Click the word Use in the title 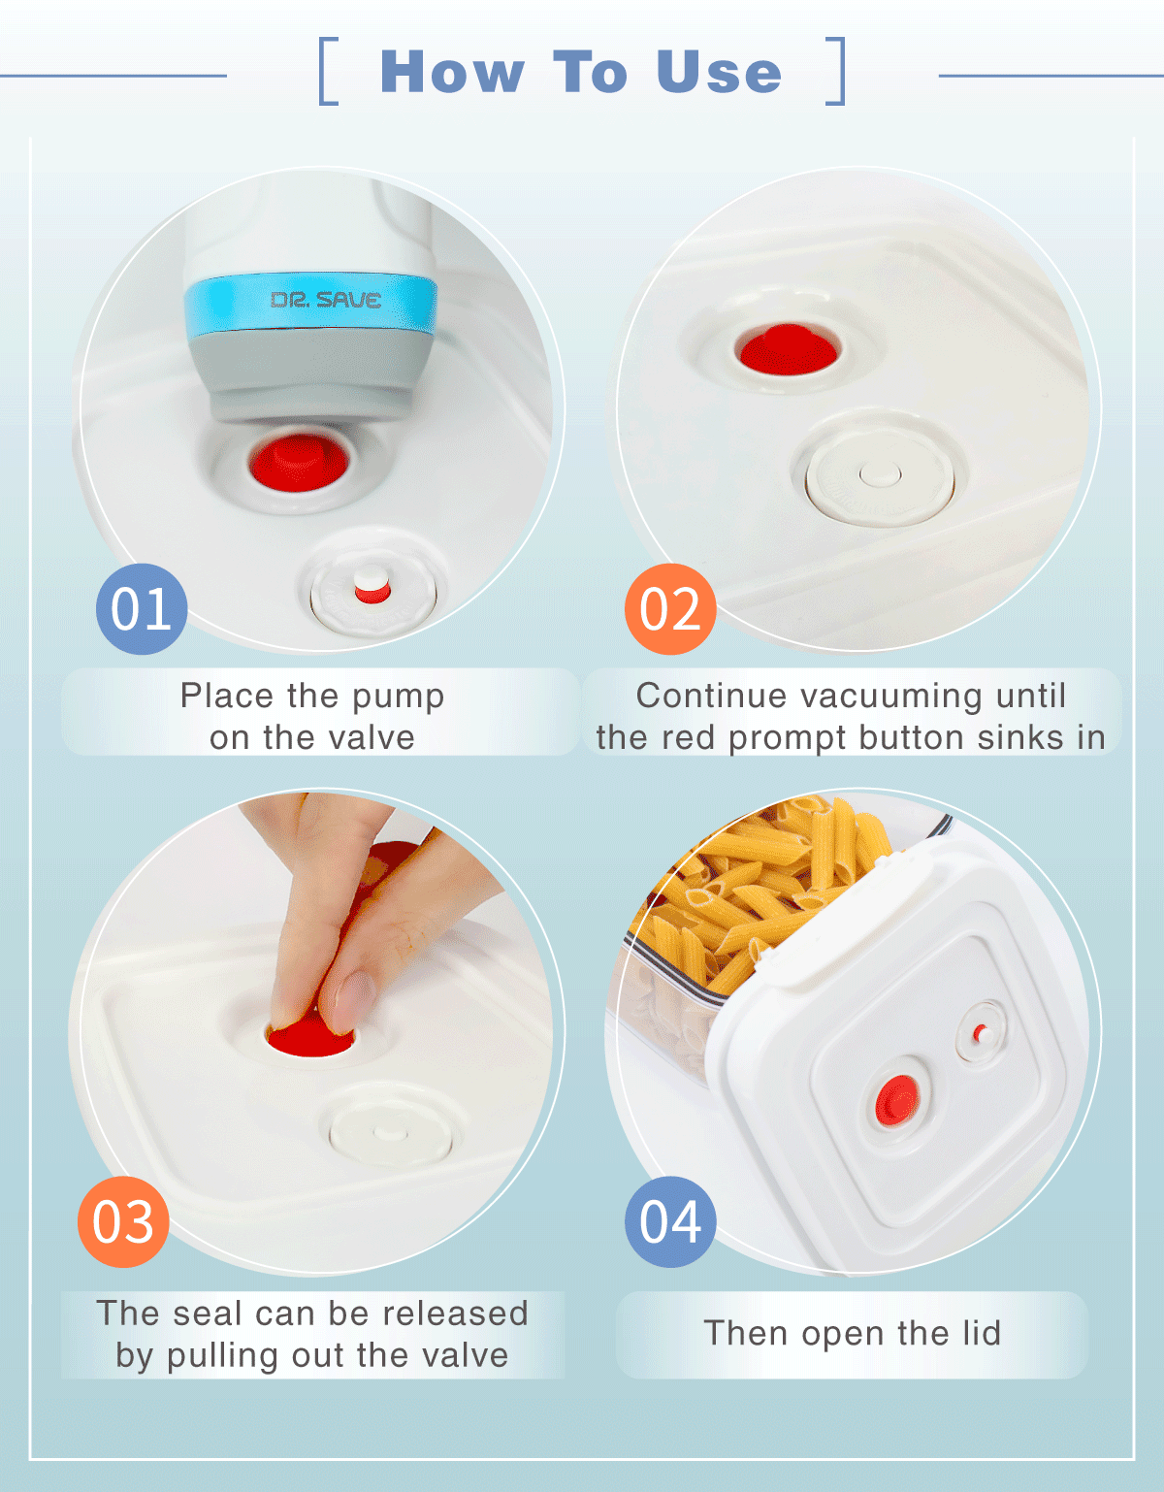(719, 72)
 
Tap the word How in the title (453, 72)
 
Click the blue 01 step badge (142, 609)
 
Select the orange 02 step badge (670, 609)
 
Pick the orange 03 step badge (123, 1221)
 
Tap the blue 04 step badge (670, 1221)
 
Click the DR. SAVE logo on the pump (326, 300)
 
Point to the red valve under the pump (299, 462)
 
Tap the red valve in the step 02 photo (789, 349)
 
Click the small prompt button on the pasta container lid (982, 1033)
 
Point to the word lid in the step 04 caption (982, 1333)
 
